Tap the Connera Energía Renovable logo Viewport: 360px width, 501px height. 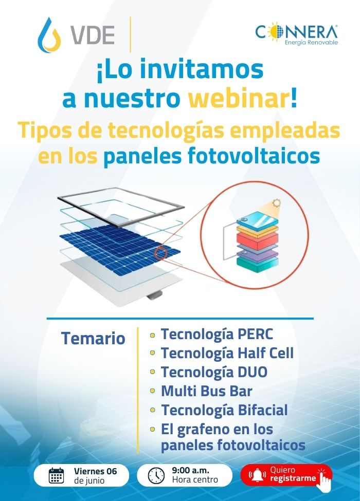296,34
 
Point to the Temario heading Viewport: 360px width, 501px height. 93,338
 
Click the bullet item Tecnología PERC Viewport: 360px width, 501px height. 217,335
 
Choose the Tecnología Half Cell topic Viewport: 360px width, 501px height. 227,354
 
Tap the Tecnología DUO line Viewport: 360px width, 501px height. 214,372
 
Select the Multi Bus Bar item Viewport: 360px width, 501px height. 207,391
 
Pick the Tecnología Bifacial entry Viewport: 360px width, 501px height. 224,410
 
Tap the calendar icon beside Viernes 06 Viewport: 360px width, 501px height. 56,475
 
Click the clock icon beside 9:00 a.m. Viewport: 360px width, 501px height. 156,475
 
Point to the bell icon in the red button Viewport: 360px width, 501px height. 257,475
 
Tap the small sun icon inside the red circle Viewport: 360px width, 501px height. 276,203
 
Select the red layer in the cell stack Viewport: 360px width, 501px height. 257,237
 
